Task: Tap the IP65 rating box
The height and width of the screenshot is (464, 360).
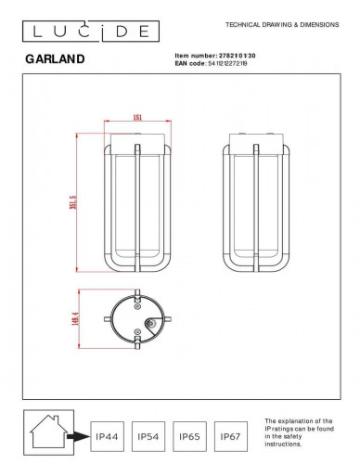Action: pos(190,433)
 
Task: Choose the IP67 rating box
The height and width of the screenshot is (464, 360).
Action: pos(232,433)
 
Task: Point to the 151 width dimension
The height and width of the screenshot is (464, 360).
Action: pos(136,118)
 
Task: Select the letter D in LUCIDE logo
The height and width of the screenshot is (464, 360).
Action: pos(118,32)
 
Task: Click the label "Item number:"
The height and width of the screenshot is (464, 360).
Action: pos(195,55)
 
